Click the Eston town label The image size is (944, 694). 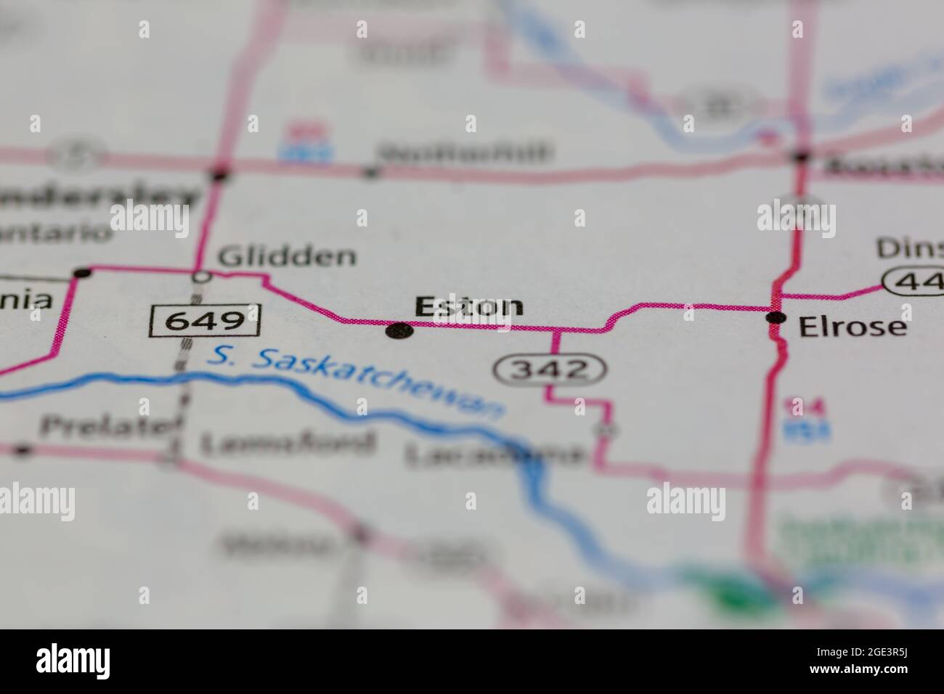468,306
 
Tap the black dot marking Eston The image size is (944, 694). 399,332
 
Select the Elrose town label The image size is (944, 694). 853,327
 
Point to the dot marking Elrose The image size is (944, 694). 777,317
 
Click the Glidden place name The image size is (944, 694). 288,256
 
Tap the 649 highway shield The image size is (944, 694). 205,320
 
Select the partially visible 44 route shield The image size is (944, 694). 914,280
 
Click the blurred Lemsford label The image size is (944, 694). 288,443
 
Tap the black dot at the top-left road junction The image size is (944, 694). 220,174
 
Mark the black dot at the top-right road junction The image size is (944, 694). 802,156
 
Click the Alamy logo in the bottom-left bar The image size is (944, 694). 73,661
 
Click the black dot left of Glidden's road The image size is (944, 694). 83,273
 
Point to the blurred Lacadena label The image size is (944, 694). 494,456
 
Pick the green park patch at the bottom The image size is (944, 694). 733,592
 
